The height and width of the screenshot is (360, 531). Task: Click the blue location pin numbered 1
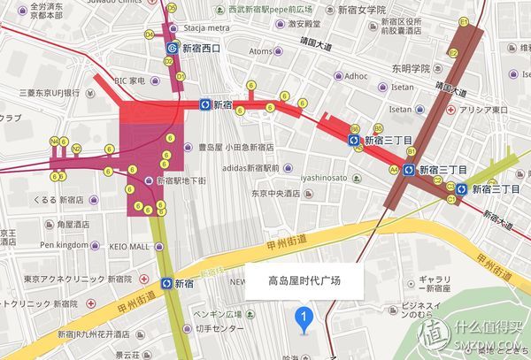305,317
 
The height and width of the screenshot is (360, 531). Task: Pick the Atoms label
260,51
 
